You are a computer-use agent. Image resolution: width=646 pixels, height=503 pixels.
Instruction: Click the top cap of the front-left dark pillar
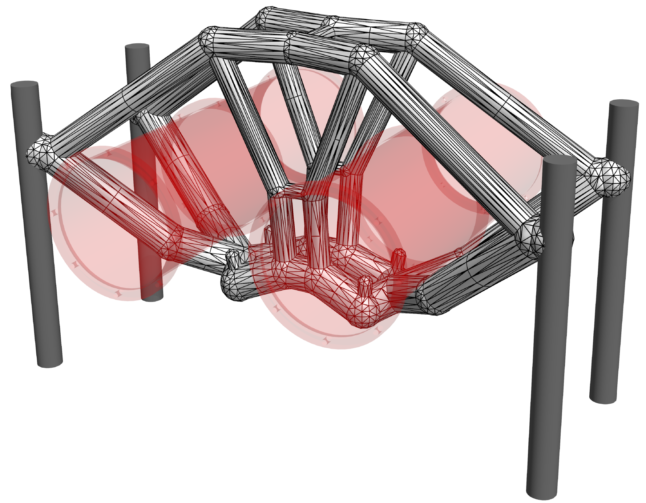(x=24, y=84)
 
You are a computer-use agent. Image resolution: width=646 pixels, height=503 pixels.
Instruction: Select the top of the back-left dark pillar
(x=137, y=47)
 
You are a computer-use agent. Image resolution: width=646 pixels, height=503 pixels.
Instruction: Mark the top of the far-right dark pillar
(x=624, y=103)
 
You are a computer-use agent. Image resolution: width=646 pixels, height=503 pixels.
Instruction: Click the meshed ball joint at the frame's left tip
(x=41, y=152)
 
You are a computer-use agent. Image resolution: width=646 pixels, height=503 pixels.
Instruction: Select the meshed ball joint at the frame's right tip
(x=609, y=177)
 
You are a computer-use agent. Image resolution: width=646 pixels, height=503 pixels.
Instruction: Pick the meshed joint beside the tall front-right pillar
(x=529, y=236)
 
